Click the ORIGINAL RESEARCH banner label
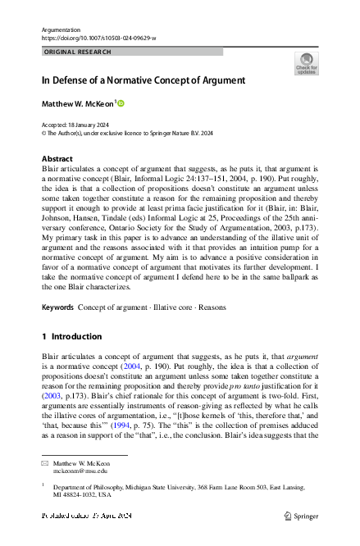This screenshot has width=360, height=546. (x=73, y=51)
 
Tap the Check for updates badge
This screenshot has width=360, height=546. (x=306, y=63)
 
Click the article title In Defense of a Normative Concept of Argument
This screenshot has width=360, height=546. (x=144, y=80)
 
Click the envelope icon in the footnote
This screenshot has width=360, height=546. (x=45, y=463)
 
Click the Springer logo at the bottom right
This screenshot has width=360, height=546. (x=303, y=516)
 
